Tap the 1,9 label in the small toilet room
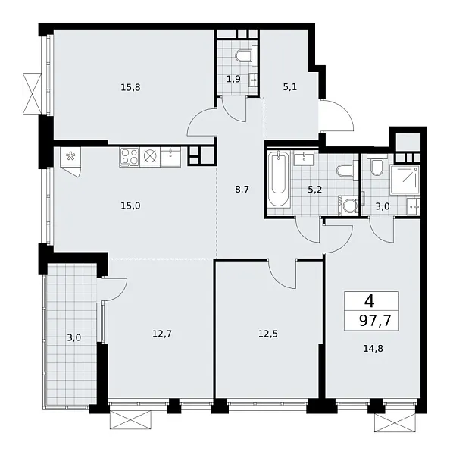[x=233, y=78]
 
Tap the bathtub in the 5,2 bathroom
[x=278, y=182]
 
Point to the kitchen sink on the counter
[x=171, y=158]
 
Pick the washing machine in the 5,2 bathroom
[x=349, y=206]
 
